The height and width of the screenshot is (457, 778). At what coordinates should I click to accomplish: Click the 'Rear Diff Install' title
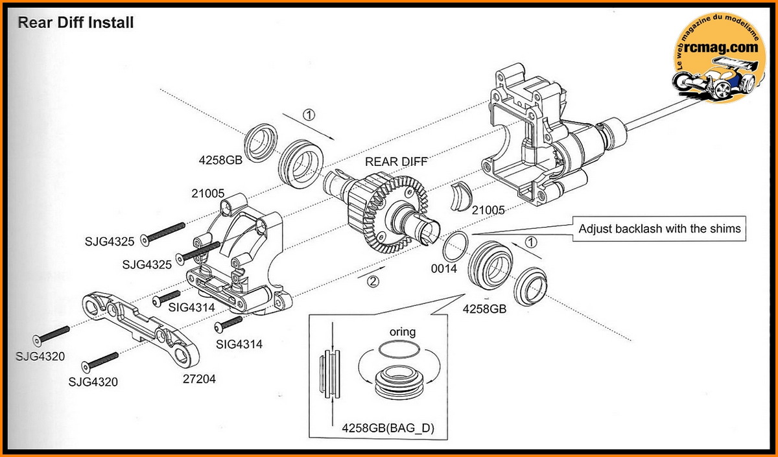pos(75,23)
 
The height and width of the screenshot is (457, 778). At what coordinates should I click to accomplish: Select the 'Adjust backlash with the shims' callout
pos(659,228)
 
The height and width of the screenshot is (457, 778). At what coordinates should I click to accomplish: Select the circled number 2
pos(372,281)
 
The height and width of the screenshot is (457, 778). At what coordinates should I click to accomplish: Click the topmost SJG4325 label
pos(109,242)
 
